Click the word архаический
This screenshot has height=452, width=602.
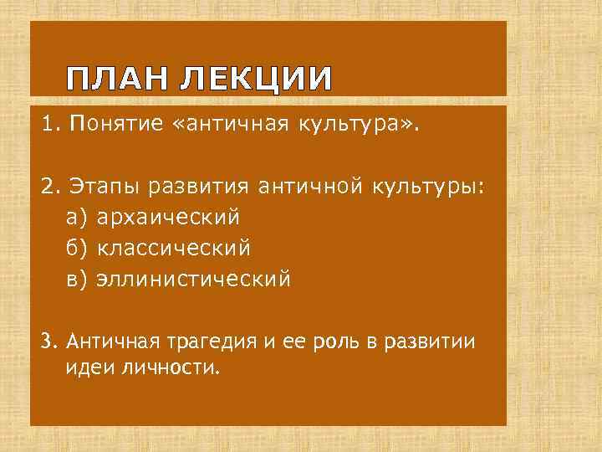[168, 218]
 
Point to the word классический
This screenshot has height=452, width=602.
[174, 248]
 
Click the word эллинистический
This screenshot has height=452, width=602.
[194, 279]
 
